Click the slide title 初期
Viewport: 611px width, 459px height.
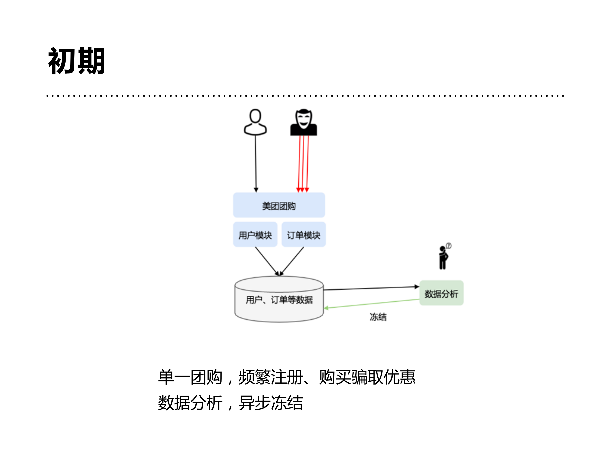click(x=77, y=61)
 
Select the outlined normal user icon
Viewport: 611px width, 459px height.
click(x=255, y=122)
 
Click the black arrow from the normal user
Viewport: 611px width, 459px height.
click(x=256, y=163)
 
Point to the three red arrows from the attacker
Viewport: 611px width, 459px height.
click(x=303, y=163)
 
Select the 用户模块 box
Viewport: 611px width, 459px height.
click(x=255, y=235)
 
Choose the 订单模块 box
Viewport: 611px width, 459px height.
click(x=303, y=235)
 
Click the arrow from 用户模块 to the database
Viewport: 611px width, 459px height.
click(x=267, y=261)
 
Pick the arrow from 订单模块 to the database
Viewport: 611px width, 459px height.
click(x=292, y=261)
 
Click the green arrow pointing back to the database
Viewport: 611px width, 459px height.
click(x=372, y=304)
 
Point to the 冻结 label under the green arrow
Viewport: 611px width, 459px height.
click(x=378, y=317)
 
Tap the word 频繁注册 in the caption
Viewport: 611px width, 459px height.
click(x=271, y=377)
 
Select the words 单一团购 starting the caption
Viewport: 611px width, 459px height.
click(x=190, y=377)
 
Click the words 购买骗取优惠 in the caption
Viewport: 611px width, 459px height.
click(x=367, y=377)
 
